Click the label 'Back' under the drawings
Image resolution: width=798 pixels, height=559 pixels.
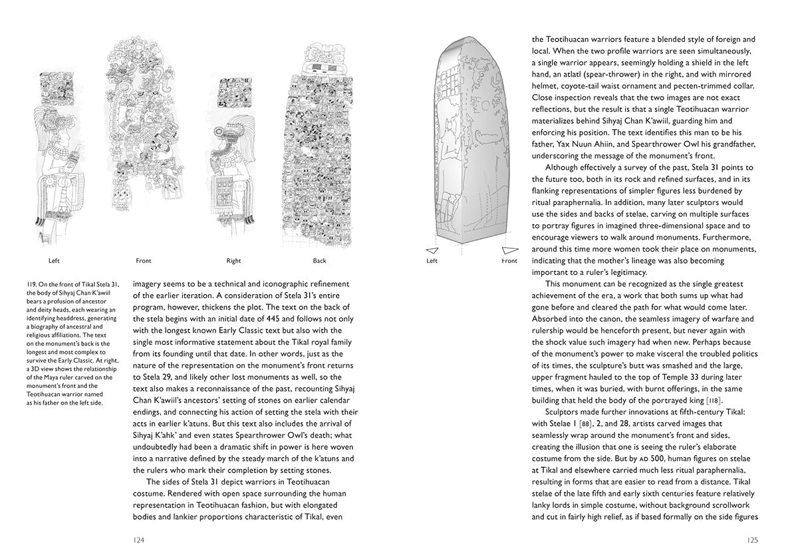319,261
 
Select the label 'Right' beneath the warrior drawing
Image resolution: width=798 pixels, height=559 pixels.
233,261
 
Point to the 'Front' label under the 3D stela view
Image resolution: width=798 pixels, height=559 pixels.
509,261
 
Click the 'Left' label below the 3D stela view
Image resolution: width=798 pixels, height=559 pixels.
432,261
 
